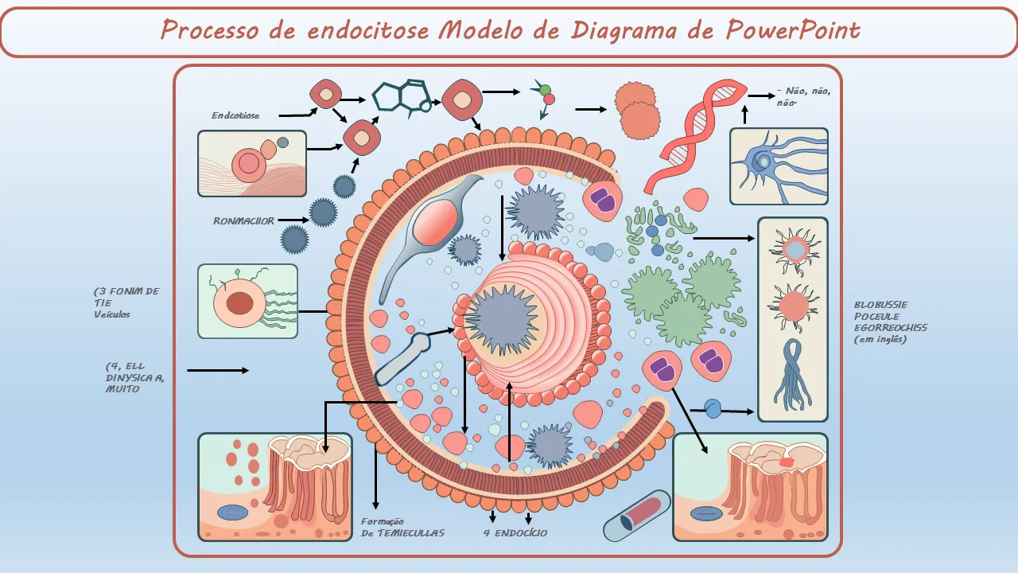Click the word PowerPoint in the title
point(793,31)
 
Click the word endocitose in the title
point(367,31)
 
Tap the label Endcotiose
point(235,115)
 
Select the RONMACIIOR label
point(243,220)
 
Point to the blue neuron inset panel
point(779,166)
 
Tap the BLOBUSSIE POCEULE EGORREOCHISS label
point(890,322)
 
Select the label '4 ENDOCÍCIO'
point(515,532)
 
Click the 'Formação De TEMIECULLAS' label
point(402,527)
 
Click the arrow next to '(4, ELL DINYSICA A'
point(217,370)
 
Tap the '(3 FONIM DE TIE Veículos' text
point(126,302)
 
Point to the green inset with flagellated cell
point(247,301)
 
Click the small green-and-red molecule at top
point(545,95)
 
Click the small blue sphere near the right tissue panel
point(713,409)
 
